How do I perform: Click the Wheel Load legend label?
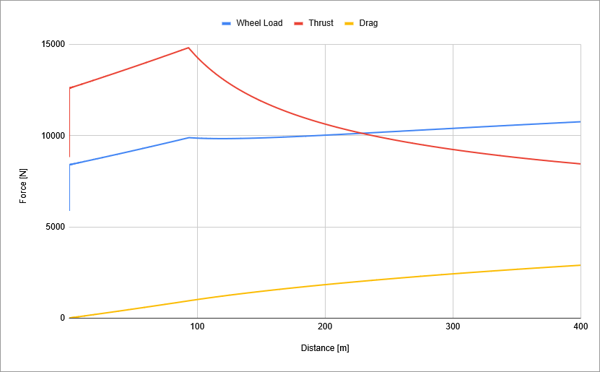(x=259, y=23)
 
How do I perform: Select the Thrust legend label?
(x=321, y=23)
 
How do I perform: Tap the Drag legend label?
(x=368, y=23)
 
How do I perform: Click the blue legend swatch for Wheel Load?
(x=226, y=23)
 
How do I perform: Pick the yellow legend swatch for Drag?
(x=349, y=23)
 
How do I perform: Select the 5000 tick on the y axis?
(x=53, y=227)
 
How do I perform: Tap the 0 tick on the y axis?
(x=62, y=318)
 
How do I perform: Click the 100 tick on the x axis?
(x=197, y=327)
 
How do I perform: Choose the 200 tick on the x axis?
(x=325, y=327)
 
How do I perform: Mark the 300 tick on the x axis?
(x=453, y=327)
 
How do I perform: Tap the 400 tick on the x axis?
(x=581, y=327)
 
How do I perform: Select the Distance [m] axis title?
(x=325, y=348)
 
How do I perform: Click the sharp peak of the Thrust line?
(x=188, y=48)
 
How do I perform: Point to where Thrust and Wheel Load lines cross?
(x=362, y=133)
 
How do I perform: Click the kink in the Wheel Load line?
(x=188, y=137)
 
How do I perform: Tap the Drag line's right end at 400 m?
(x=580, y=265)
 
